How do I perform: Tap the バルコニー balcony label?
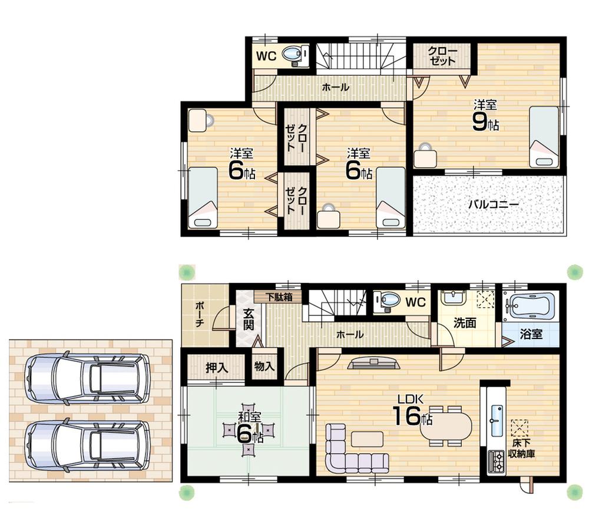(493, 205)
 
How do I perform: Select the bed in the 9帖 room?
(543, 137)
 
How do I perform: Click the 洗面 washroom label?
(465, 323)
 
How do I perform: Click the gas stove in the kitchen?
(495, 462)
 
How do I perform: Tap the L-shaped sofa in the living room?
(348, 453)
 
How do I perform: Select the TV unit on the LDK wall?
(375, 364)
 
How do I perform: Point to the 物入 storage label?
(264, 366)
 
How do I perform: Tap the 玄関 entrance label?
(247, 321)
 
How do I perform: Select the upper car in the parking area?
(88, 378)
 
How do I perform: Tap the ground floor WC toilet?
(391, 301)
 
